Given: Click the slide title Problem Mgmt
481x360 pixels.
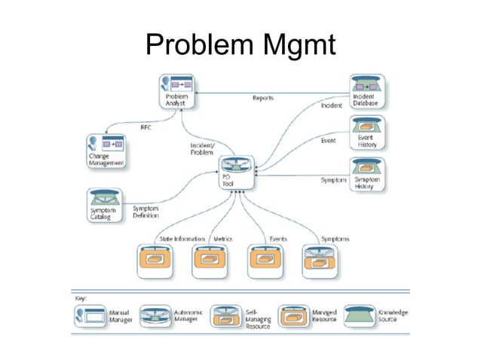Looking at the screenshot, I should click(240, 46).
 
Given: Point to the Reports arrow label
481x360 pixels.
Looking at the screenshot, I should click(262, 98).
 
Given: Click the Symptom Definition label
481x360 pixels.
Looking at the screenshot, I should click(146, 212).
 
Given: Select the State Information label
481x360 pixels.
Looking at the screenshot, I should click(182, 239).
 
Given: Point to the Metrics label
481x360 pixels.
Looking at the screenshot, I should click(222, 239).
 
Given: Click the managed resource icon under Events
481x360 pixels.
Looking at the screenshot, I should click(265, 261).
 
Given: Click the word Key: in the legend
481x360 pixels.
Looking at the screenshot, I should click(80, 297).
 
